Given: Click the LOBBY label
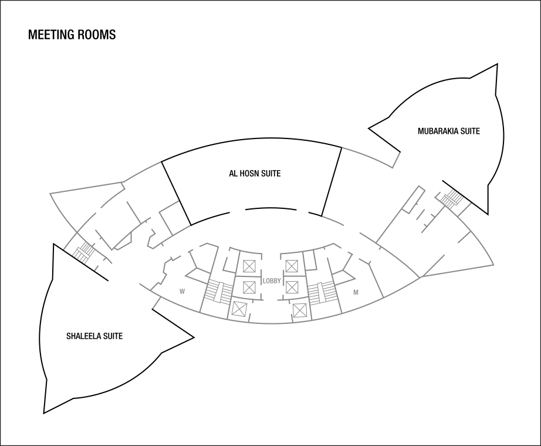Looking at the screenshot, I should [x=272, y=281].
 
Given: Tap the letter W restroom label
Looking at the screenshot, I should [x=182, y=291].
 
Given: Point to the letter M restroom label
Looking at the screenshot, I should [x=356, y=292].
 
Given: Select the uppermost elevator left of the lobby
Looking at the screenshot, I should [x=249, y=266].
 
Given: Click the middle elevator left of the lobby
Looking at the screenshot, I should [x=249, y=288].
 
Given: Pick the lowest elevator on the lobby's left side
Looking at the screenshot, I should [x=238, y=309].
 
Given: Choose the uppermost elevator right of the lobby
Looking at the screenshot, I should [x=292, y=266].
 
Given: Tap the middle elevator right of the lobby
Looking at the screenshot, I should [x=292, y=288].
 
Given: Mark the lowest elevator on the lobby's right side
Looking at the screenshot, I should [x=300, y=310].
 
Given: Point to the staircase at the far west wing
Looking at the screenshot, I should [x=84, y=251].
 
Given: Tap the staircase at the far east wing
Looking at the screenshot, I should [x=452, y=198].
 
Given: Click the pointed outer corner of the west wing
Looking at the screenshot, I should [x=50, y=192].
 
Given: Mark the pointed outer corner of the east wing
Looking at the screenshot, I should [x=493, y=265].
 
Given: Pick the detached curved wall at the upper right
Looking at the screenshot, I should [x=370, y=157].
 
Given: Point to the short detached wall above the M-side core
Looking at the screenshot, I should [x=333, y=221].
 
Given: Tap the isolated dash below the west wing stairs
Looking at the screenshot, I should [x=97, y=268].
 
